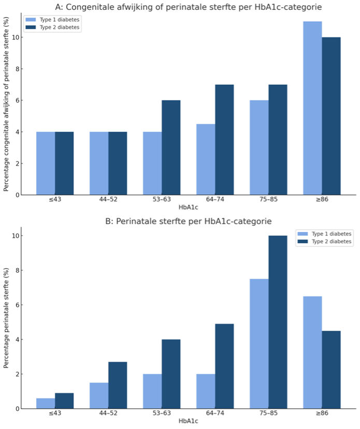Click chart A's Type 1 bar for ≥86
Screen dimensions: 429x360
312,108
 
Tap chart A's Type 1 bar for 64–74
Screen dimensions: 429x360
206,159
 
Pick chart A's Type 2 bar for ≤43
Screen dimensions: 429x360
64,164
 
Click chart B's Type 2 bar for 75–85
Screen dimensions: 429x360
278,322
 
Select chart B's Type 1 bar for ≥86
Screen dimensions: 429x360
312,352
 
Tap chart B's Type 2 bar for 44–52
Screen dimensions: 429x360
118,385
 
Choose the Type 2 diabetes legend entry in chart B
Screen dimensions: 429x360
326,242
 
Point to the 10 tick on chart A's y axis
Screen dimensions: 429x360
18,37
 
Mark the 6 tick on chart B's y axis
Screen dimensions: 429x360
18,305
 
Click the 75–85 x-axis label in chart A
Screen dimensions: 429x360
268,199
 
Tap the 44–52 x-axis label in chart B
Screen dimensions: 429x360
108,413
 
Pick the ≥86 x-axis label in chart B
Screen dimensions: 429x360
322,413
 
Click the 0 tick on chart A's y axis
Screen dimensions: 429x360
18,195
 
